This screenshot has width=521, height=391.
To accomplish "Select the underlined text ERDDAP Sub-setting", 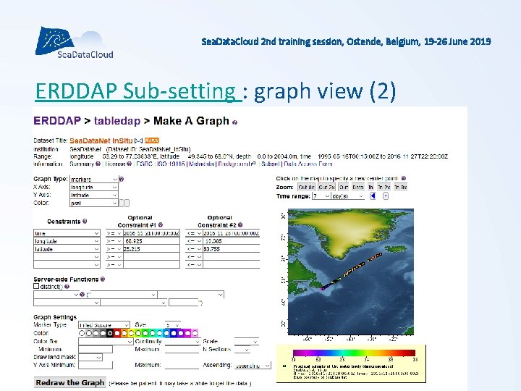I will [x=137, y=91].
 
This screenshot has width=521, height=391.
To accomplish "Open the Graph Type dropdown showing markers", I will [x=93, y=179].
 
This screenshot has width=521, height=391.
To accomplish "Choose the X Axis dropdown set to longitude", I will [x=93, y=187].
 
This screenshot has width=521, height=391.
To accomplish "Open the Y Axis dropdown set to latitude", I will [x=93, y=194].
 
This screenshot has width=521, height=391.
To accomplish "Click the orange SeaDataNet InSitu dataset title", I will [x=105, y=140].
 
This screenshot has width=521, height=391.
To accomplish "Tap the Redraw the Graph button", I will [x=70, y=382].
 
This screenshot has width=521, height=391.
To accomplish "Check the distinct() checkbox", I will [x=37, y=286].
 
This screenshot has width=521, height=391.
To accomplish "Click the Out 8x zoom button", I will [x=305, y=187].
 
